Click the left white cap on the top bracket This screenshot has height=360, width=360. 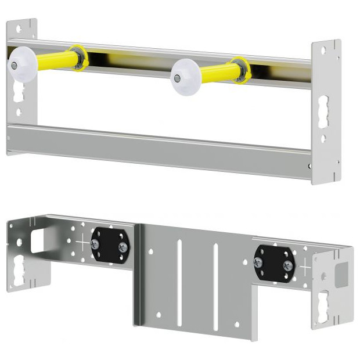21,66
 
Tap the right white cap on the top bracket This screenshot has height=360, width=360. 185,76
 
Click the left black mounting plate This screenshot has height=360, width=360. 110,246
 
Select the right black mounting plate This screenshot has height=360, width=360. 275,262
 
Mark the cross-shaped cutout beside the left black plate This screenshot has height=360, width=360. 82,243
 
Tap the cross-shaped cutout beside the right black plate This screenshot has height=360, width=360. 305,267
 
